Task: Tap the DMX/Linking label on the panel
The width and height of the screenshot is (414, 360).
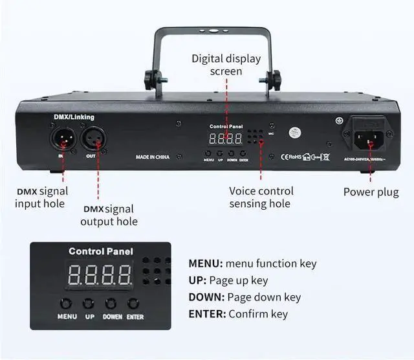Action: tap(74, 117)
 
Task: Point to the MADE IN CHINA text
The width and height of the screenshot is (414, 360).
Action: tap(153, 157)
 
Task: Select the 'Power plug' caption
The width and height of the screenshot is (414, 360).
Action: tap(371, 192)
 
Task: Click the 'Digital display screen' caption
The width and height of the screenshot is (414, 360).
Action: tap(226, 65)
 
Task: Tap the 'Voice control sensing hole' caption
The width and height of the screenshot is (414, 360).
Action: tap(261, 197)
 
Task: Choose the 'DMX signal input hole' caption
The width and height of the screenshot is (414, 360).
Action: tap(41, 197)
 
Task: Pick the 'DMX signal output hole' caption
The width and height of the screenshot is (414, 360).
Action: tap(109, 215)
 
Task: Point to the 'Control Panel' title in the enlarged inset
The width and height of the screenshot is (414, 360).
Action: tap(101, 251)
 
